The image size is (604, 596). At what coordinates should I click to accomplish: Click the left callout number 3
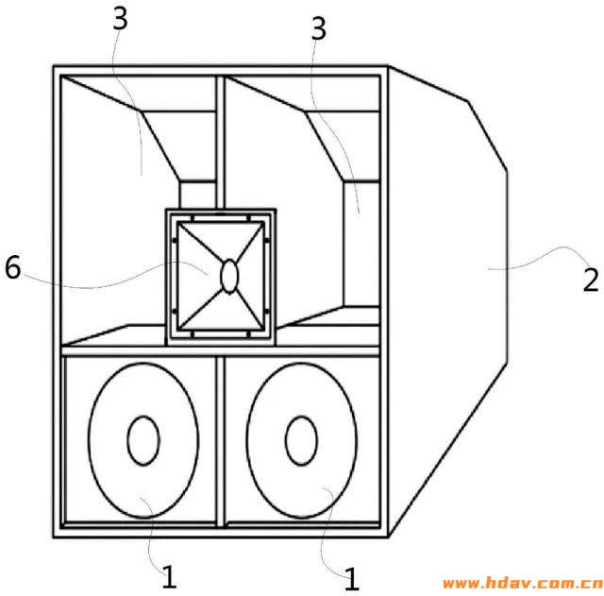coord(120,19)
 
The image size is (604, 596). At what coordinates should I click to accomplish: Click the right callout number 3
coord(319,28)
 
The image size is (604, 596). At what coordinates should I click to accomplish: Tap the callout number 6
coord(12,267)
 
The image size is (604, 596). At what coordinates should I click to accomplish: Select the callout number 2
coord(591,280)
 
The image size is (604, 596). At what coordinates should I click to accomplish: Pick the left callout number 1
coord(169,576)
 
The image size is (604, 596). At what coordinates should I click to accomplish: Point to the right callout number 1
coord(351,579)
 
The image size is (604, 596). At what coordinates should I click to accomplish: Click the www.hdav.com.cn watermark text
coord(523,584)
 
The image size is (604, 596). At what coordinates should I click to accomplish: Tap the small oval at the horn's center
coord(229,276)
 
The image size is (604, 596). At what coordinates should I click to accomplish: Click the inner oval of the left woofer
coord(143,441)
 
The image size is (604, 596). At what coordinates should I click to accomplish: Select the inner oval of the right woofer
coord(302,441)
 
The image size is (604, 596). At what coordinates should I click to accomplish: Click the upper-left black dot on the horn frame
coord(175,241)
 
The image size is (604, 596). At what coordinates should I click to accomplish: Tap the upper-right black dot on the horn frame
coord(266,241)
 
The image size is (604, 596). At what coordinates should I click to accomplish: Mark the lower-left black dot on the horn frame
coord(175,311)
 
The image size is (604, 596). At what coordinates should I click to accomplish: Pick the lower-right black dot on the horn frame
coord(266,311)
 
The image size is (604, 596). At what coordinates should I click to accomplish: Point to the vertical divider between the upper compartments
coord(220,142)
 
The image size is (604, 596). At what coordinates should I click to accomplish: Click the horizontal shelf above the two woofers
coord(220,351)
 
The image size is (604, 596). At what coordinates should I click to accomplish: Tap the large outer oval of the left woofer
coord(89,441)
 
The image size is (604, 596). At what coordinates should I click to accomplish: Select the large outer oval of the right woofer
coord(247,441)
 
